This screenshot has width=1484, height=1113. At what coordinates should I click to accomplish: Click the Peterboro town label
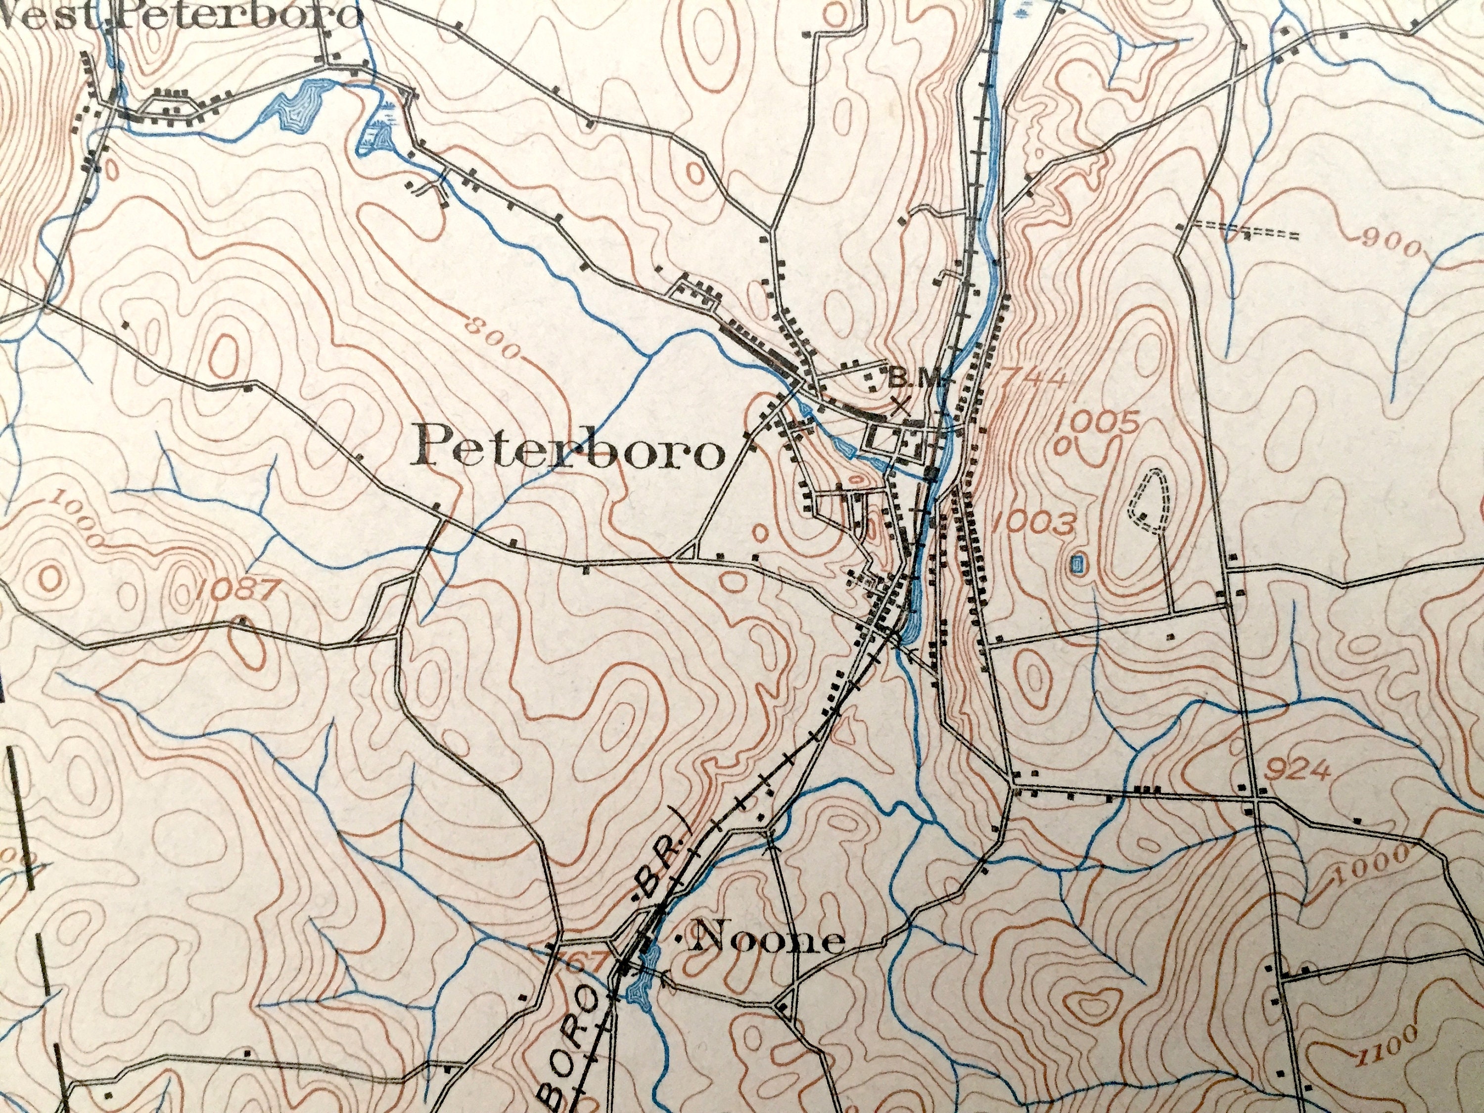[x=570, y=449]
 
